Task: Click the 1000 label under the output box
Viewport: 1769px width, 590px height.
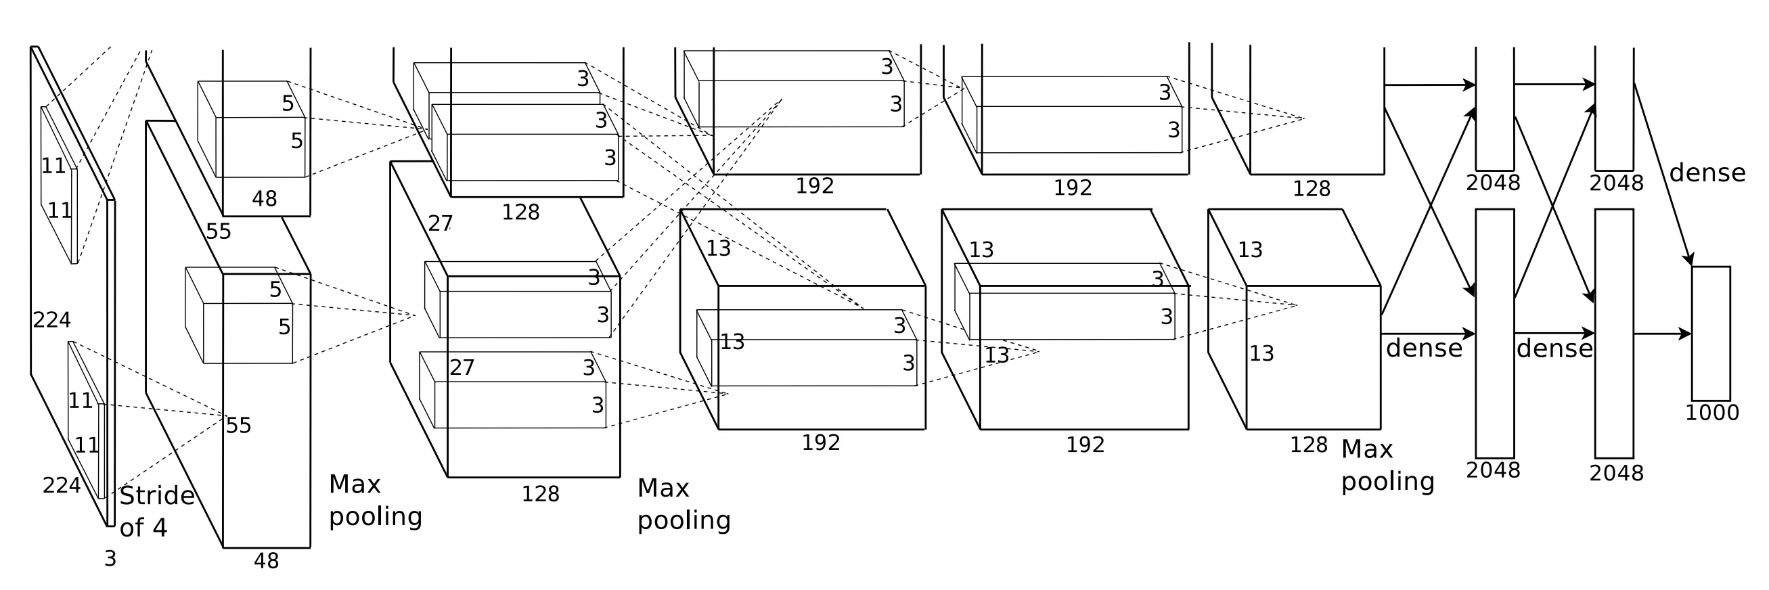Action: pos(1711,413)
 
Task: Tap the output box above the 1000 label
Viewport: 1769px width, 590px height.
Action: pos(1711,333)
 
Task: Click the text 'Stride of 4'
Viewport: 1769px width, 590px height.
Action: pos(156,511)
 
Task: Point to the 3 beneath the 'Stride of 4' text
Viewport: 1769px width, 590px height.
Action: pos(110,559)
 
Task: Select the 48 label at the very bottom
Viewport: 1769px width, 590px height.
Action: pos(267,561)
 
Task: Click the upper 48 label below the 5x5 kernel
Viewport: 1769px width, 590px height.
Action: pos(265,198)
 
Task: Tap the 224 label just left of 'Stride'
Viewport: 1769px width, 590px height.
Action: pos(62,486)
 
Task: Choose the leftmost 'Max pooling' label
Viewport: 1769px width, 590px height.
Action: pos(375,500)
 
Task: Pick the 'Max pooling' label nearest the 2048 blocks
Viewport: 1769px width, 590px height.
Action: pos(1387,464)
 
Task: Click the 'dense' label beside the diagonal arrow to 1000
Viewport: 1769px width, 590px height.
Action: pos(1707,173)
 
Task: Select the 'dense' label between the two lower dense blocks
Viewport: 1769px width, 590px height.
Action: pos(1554,349)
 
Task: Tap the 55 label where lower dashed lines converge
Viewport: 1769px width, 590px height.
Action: pos(238,426)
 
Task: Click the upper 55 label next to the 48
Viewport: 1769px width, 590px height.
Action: pos(219,231)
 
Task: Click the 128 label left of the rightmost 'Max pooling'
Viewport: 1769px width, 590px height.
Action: pos(1309,445)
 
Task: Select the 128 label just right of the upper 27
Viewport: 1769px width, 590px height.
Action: pos(520,212)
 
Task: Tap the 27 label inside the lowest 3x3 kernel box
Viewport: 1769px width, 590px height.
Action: pos(462,367)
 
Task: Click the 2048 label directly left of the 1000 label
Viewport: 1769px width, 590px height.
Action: pos(1617,473)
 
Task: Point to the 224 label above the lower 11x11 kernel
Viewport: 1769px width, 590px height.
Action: pos(52,319)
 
